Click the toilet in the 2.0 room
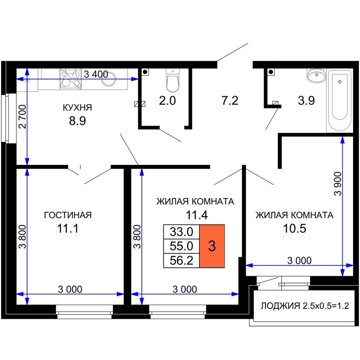172,80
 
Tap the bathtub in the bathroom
340,101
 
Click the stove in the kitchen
71,79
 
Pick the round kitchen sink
108,78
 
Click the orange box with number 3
212,246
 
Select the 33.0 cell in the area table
182,232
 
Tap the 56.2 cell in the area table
182,261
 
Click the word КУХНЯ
77,108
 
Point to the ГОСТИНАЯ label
68,215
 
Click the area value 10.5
294,229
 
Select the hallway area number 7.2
230,100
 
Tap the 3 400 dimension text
96,74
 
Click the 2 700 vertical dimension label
23,116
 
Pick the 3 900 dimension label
338,183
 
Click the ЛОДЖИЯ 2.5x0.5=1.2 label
305,305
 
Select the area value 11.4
197,215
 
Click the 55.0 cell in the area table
182,246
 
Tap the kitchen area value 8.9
77,121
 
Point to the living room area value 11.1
68,229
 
